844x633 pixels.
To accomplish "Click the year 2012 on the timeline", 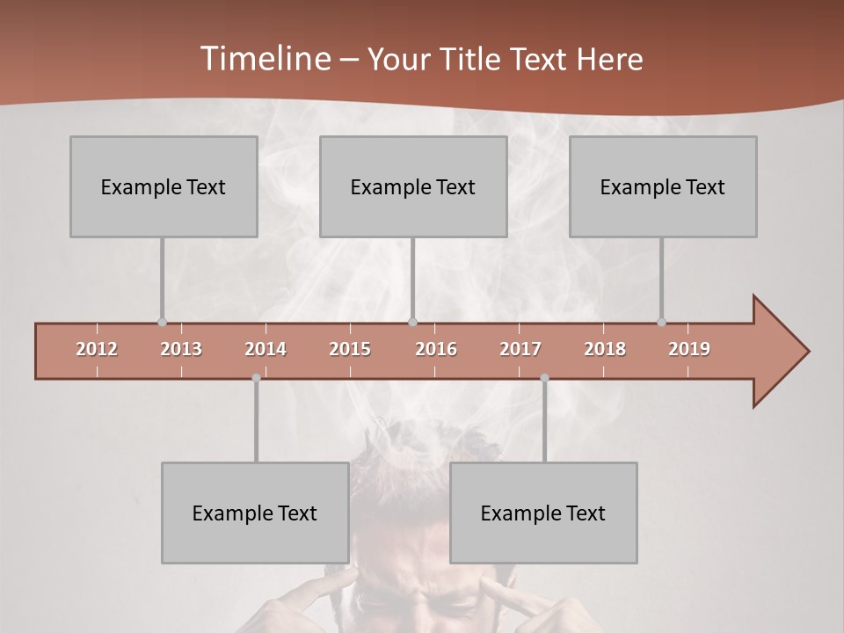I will pos(97,349).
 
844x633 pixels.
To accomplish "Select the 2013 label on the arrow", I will pos(181,349).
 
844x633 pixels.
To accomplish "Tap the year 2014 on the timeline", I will pos(266,349).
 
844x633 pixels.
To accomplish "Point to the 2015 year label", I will pos(350,349).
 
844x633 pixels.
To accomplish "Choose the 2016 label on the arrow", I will pos(436,349).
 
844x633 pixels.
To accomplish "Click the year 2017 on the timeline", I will pos(520,349).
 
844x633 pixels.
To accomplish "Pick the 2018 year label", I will pos(605,349).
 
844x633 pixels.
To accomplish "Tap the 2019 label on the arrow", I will pos(689,349).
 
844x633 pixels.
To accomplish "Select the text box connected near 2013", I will pos(164,186).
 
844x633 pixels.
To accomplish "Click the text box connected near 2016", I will pos(413,186).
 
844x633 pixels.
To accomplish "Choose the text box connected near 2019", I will pos(663,186).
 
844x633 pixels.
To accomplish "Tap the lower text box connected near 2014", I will pos(255,513).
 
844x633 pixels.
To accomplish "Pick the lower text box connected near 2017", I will pos(543,513).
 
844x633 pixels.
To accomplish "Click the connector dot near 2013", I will pos(162,323).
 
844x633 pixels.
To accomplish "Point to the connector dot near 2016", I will pos(412,323).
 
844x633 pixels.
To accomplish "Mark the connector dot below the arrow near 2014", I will pos(256,378).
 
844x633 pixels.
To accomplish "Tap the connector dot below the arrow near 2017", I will pos(544,378).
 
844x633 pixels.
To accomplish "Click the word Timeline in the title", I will pos(265,59).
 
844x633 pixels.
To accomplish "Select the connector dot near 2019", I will pos(661,323).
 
